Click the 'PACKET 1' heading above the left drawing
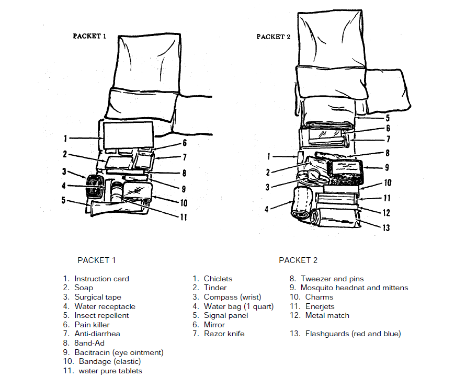89,37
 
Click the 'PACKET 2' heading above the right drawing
274,37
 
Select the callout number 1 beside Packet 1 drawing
65,139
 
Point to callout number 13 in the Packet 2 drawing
387,228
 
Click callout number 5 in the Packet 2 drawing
387,118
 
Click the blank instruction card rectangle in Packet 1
128,134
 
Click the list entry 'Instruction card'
101,279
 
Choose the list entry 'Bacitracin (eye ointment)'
119,352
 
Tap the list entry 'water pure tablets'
110,371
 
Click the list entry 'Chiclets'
218,279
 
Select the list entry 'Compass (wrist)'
232,297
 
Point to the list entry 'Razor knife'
224,334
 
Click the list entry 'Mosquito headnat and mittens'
354,288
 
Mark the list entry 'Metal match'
327,315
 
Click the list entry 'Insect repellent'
101,315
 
